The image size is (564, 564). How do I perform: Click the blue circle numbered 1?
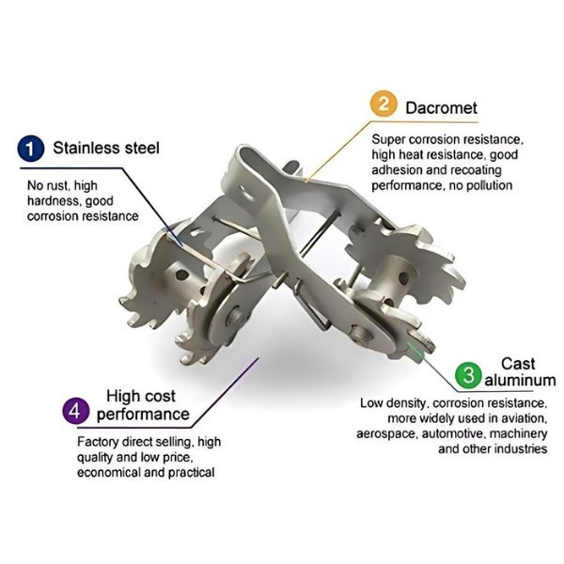(32, 148)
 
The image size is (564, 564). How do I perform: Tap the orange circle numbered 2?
(383, 105)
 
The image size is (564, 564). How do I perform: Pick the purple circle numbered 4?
(74, 411)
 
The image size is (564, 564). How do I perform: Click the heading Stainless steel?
(106, 148)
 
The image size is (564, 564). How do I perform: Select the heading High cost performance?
(141, 405)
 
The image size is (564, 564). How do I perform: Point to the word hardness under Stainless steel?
(52, 200)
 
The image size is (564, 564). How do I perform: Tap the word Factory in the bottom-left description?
(98, 442)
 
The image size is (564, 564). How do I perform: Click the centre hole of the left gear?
(180, 275)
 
